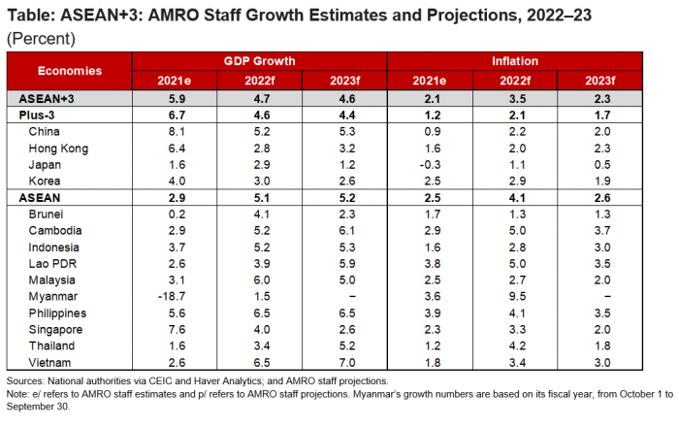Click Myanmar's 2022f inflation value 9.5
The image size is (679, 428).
pyautogui.click(x=519, y=296)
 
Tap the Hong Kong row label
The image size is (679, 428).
pyautogui.click(x=59, y=148)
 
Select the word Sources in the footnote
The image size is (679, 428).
pyautogui.click(x=27, y=380)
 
